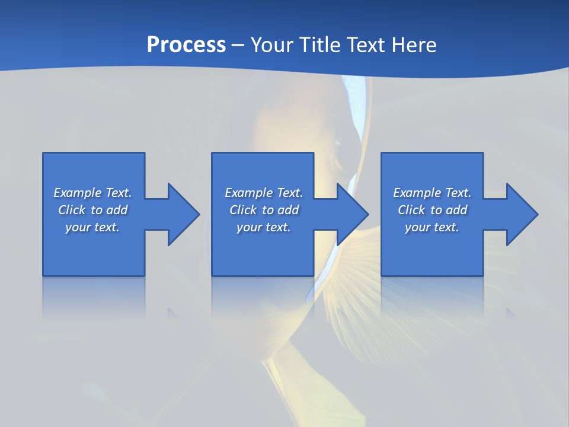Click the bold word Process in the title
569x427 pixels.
coord(186,45)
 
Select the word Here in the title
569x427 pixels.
coord(414,45)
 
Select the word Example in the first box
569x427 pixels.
coord(78,193)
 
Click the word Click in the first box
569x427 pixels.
coord(72,210)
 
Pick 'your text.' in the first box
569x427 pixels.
coord(92,227)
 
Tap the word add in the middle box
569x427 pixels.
coord(288,210)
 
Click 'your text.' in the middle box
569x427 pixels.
coord(263,227)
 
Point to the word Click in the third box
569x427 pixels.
coord(411,210)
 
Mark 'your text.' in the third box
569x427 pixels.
coord(431,227)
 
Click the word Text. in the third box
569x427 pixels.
coord(458,193)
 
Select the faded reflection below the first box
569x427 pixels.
coord(94,297)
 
